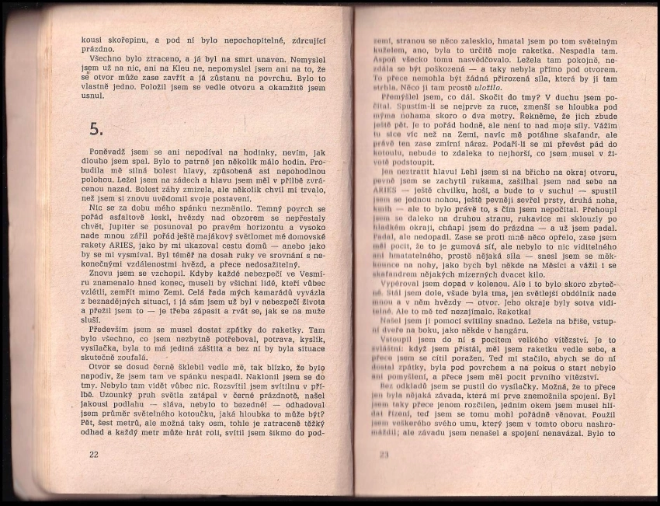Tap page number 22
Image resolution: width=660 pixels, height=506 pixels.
[x=95, y=455]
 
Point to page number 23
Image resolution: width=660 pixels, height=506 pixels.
[x=384, y=455]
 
